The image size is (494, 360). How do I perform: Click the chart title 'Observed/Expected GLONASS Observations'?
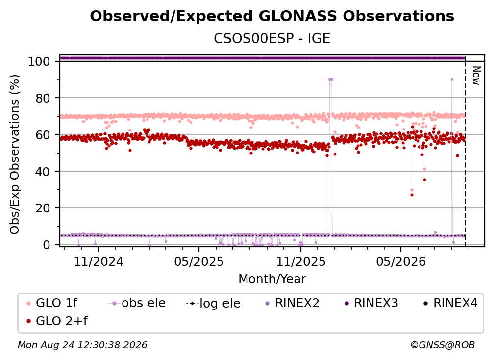click(272, 16)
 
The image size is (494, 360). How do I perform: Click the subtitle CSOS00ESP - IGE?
click(272, 38)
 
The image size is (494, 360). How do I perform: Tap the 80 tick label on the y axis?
click(43, 98)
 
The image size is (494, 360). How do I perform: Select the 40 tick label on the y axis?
click(43, 172)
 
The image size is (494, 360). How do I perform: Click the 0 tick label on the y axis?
click(47, 245)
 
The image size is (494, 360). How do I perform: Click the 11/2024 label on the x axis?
click(99, 261)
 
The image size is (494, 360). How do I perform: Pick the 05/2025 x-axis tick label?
click(199, 261)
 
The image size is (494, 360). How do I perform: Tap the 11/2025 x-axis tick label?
click(301, 261)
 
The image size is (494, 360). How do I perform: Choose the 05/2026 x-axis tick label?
click(401, 261)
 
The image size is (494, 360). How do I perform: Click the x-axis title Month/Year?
click(272, 279)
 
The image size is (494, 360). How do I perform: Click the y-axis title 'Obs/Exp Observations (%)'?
click(15, 154)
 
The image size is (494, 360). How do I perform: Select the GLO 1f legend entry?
click(51, 303)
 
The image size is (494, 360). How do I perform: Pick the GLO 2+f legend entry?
click(57, 321)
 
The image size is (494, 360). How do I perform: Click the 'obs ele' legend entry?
click(137, 303)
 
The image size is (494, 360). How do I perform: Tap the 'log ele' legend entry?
click(213, 303)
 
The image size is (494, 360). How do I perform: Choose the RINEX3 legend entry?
click(371, 303)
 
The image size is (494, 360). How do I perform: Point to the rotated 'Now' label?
click(476, 76)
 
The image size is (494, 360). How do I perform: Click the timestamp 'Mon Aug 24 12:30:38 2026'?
click(82, 345)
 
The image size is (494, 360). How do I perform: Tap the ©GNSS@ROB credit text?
click(443, 345)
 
